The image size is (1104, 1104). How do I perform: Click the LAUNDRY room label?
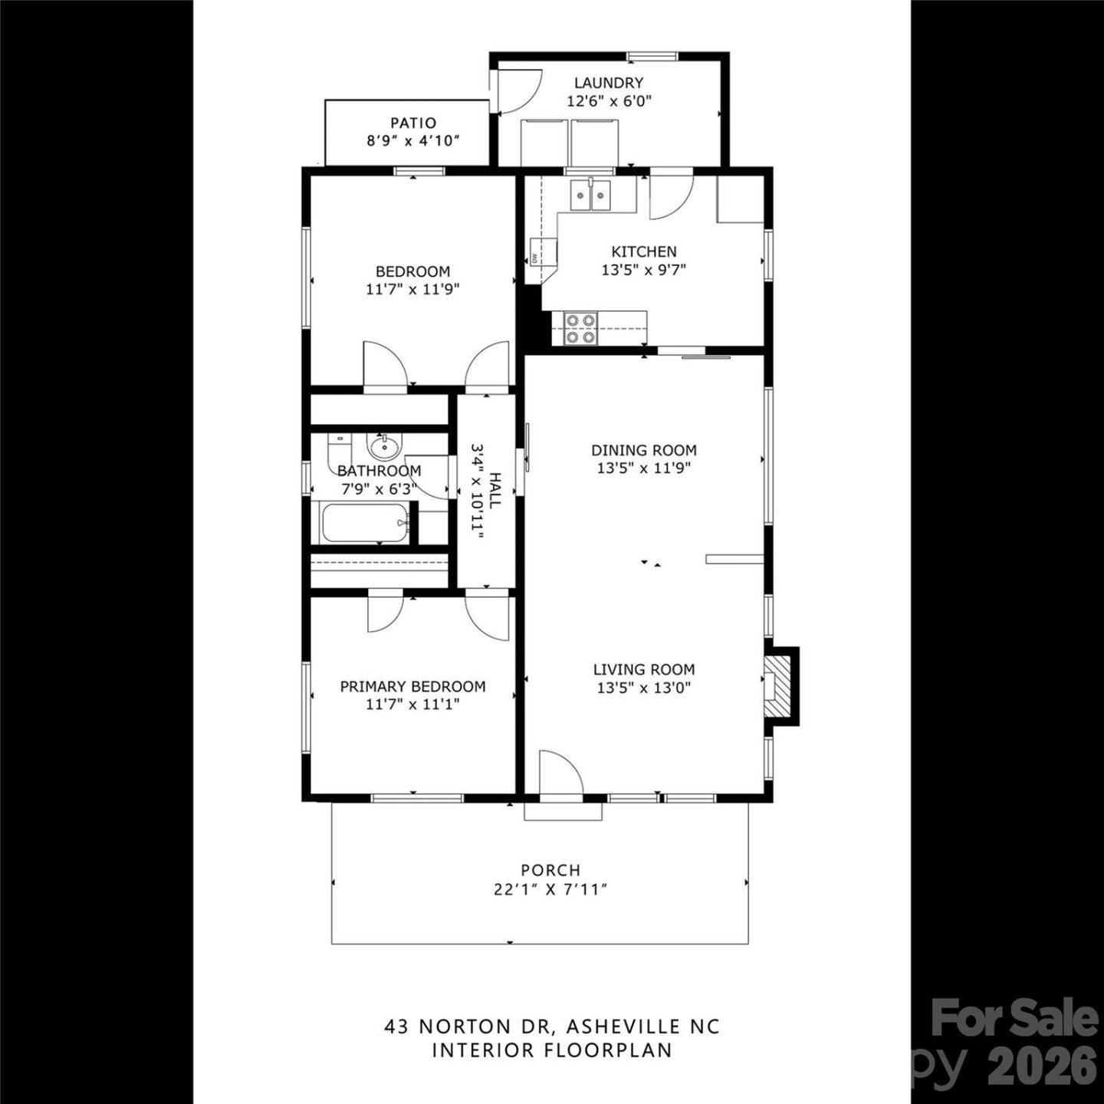(609, 83)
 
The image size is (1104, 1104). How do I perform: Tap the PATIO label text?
(413, 123)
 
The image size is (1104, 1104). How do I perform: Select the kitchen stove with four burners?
(580, 328)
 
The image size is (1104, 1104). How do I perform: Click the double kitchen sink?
(590, 194)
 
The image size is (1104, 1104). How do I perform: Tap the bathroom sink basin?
(383, 445)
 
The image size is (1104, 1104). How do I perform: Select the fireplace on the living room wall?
(780, 685)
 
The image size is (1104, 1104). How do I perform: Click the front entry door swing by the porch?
(560, 774)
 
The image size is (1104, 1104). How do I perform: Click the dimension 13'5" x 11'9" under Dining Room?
(644, 468)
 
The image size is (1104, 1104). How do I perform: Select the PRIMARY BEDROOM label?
(412, 686)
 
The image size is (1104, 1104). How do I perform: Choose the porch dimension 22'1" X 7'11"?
(550, 889)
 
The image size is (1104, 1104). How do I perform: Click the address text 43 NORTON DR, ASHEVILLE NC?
(552, 1026)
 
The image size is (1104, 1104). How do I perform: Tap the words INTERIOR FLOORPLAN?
(552, 1050)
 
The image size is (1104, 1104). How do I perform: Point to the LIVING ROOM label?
(644, 669)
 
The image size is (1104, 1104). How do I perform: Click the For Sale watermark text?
(1014, 1019)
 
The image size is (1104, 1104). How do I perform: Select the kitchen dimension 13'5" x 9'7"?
(644, 270)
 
